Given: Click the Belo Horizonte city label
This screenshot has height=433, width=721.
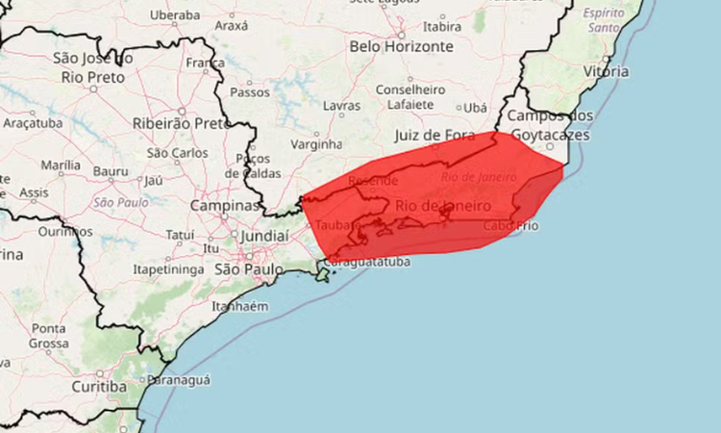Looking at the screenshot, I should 401,45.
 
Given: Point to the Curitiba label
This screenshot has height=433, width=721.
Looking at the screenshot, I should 99,387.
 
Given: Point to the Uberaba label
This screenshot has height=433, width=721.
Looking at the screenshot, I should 176,15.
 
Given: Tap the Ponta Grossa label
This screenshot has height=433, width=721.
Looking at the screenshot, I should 48,336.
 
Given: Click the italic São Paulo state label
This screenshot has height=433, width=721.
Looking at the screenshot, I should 121,202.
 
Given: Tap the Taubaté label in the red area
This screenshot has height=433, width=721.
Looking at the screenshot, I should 334,224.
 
